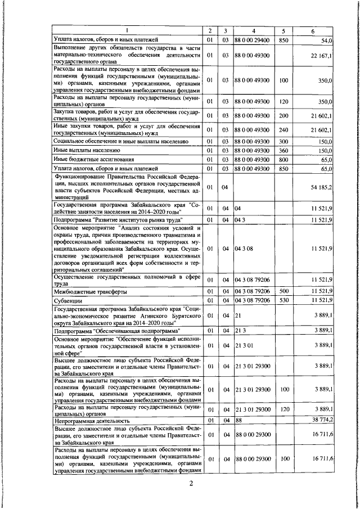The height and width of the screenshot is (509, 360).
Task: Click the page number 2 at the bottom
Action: click(191, 485)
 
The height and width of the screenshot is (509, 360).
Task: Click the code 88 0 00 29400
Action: click(253, 40)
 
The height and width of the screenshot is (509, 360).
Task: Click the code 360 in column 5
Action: click(284, 151)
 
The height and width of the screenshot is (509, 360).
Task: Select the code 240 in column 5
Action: click(284, 130)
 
